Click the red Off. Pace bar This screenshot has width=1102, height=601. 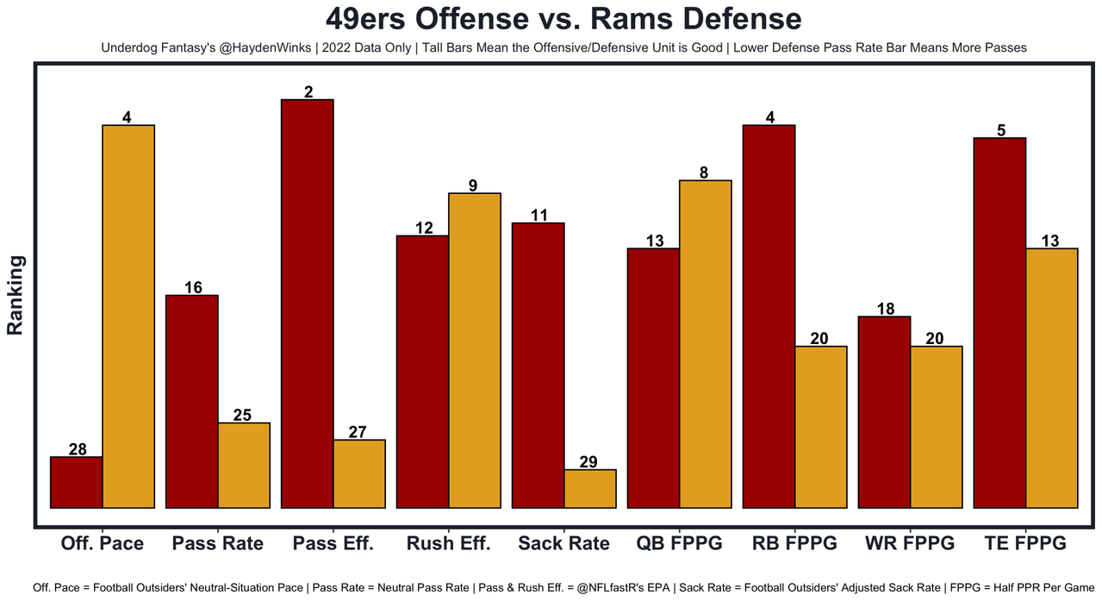[77, 482]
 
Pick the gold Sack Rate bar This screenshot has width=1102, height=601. [590, 489]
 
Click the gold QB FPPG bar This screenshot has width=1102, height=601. [705, 344]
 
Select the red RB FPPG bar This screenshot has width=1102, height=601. [769, 316]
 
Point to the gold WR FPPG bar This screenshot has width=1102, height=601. [936, 427]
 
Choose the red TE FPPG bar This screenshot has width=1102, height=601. [999, 322]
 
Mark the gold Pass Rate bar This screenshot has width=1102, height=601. [244, 466]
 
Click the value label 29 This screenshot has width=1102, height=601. [588, 462]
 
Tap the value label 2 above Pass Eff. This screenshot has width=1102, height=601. [308, 91]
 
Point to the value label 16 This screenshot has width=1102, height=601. [193, 288]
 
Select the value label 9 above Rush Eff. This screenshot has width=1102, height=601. [474, 185]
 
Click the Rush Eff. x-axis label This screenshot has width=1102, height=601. [448, 543]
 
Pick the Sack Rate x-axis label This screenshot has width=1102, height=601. [563, 543]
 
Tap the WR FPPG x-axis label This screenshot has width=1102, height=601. [910, 543]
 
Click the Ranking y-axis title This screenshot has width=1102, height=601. [15, 295]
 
